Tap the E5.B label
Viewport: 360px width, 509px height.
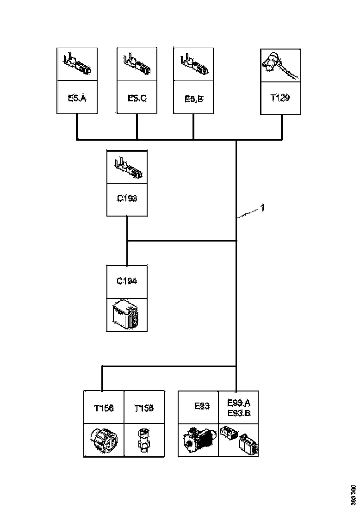pos(193,98)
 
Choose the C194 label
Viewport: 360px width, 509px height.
pos(127,281)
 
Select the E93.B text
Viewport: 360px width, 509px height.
pos(239,413)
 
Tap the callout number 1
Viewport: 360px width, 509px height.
pos(262,208)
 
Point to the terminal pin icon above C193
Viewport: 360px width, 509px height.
pos(127,167)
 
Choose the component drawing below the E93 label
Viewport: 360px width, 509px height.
pos(198,440)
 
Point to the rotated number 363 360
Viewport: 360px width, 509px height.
pos(353,495)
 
